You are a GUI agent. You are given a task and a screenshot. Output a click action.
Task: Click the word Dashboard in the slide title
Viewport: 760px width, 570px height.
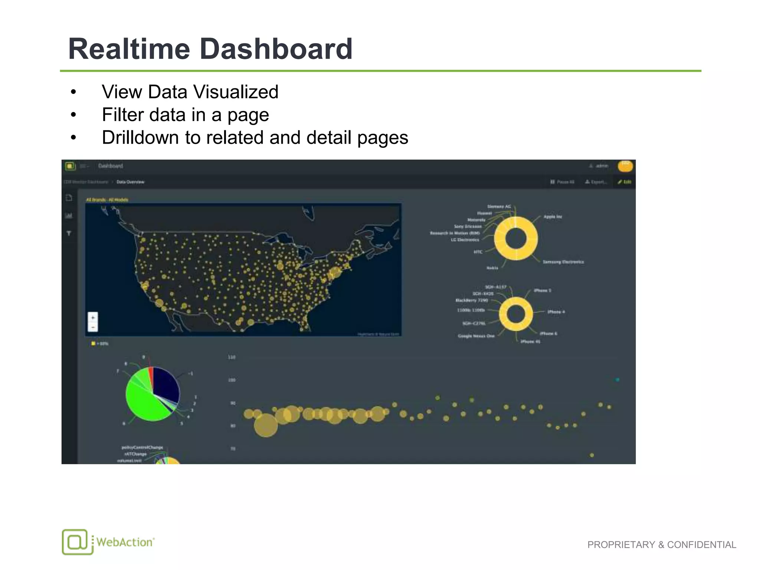pos(276,49)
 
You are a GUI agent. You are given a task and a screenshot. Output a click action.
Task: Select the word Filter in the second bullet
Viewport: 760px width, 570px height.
pos(122,115)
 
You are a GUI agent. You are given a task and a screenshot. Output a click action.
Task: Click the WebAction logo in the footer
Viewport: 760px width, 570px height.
pos(108,542)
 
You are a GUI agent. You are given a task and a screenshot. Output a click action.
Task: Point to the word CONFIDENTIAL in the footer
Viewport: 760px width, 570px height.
pos(701,545)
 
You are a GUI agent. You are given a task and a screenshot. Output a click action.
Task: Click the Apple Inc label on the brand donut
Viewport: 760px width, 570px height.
pos(553,217)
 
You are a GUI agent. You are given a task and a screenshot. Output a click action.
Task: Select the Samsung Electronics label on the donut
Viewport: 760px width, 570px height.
pos(563,262)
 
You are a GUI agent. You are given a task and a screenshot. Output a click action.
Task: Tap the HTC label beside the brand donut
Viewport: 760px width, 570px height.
pos(478,252)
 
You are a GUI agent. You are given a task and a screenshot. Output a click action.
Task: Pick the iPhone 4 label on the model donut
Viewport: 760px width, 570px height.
pos(556,312)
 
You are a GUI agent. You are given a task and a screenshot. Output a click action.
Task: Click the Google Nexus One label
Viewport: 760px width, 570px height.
pos(476,336)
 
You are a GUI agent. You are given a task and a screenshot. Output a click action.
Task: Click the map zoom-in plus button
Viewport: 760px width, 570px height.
pos(93,318)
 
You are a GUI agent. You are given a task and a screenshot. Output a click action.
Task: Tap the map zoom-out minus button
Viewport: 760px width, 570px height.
pos(93,327)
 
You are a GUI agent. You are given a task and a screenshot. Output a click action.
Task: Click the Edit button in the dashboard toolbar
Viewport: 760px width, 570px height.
pos(625,182)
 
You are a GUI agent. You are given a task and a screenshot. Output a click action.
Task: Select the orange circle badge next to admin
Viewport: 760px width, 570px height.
pos(625,166)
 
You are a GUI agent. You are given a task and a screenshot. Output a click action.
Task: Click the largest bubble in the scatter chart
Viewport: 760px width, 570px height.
pos(266,425)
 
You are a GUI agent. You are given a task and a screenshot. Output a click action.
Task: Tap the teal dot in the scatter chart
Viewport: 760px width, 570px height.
pos(617,380)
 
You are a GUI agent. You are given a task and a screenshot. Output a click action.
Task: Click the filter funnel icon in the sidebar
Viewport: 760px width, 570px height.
pos(69,233)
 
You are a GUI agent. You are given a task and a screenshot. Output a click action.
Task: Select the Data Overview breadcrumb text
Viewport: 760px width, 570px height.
pos(130,182)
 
